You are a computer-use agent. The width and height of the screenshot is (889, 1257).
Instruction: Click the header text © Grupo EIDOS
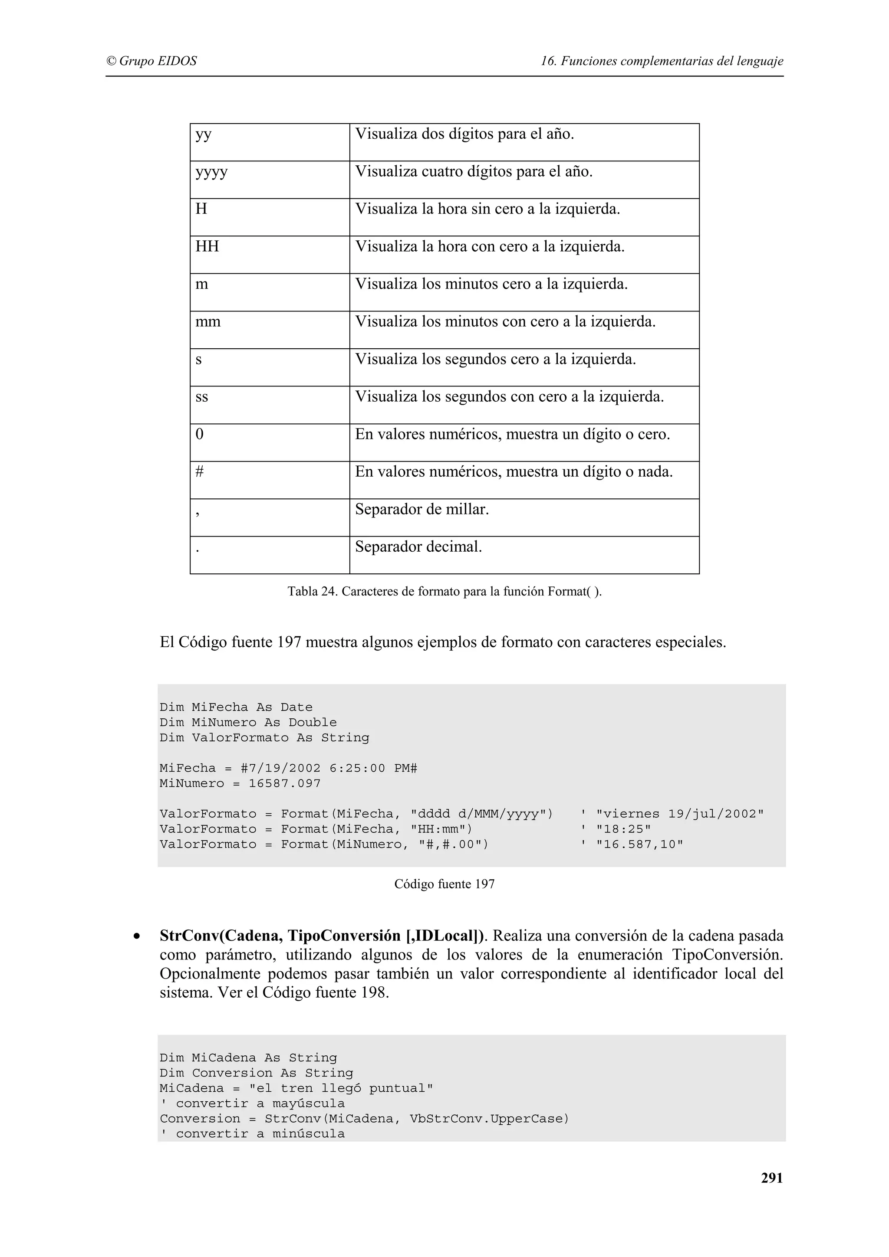click(x=151, y=61)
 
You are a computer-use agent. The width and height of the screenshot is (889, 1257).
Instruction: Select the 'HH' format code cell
click(x=207, y=247)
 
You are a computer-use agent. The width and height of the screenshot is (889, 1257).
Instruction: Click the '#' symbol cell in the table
click(x=200, y=472)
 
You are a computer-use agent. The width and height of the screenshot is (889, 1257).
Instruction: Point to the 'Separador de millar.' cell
click(x=422, y=510)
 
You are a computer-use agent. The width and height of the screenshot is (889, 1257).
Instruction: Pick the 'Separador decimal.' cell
click(x=418, y=547)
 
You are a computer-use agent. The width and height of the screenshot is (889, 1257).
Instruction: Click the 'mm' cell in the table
click(x=208, y=322)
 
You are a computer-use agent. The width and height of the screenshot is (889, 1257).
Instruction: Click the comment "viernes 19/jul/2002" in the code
click(x=679, y=814)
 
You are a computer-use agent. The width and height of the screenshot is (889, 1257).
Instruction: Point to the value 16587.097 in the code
click(x=284, y=783)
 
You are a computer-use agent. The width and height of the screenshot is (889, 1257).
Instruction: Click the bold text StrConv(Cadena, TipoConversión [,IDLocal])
click(x=322, y=936)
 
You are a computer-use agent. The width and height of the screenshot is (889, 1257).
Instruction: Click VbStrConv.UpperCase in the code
click(x=489, y=1119)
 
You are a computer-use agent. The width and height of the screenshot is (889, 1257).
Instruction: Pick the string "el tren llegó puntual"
click(x=341, y=1088)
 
